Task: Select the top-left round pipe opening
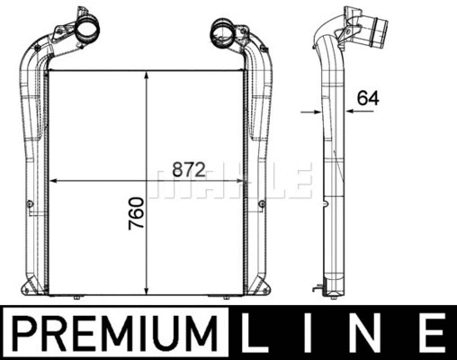[86, 31]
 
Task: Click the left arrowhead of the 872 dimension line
[51, 181]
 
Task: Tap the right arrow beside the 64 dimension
[339, 111]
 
